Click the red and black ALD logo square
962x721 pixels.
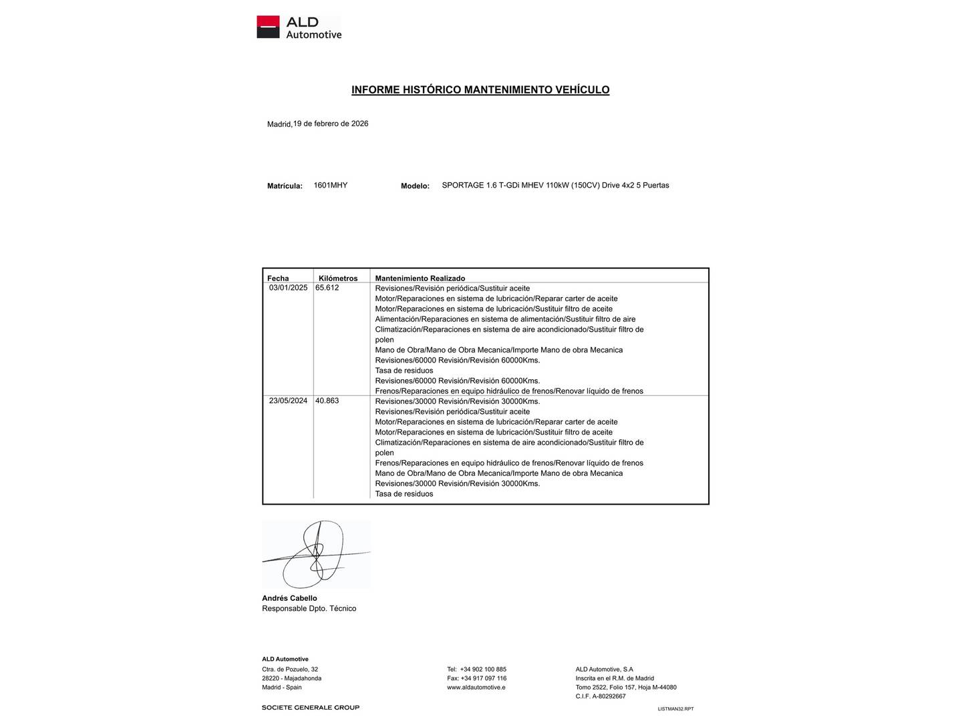[x=268, y=27]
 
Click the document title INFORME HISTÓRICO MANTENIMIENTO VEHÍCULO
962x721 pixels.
[x=480, y=89]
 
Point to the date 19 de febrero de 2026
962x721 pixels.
[x=331, y=124]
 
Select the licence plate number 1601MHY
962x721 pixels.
[x=331, y=185]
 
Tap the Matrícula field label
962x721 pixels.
[x=285, y=186]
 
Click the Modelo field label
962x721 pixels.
[x=415, y=186]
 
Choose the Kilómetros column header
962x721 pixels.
[x=338, y=278]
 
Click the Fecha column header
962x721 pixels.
[x=278, y=278]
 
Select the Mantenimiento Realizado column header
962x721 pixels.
[x=420, y=278]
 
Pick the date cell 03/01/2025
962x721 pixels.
[x=288, y=288]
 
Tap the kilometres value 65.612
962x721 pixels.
[x=327, y=288]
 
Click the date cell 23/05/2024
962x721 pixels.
[x=288, y=401]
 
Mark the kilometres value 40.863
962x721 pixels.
[x=327, y=401]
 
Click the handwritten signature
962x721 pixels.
[x=316, y=554]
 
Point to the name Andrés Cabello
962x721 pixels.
[x=289, y=598]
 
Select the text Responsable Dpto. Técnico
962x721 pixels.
[x=309, y=608]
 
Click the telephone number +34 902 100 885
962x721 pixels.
[x=483, y=669]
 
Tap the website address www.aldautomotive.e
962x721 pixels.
[x=476, y=687]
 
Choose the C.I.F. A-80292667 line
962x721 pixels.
[x=601, y=696]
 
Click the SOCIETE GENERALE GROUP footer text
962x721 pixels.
[x=311, y=708]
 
